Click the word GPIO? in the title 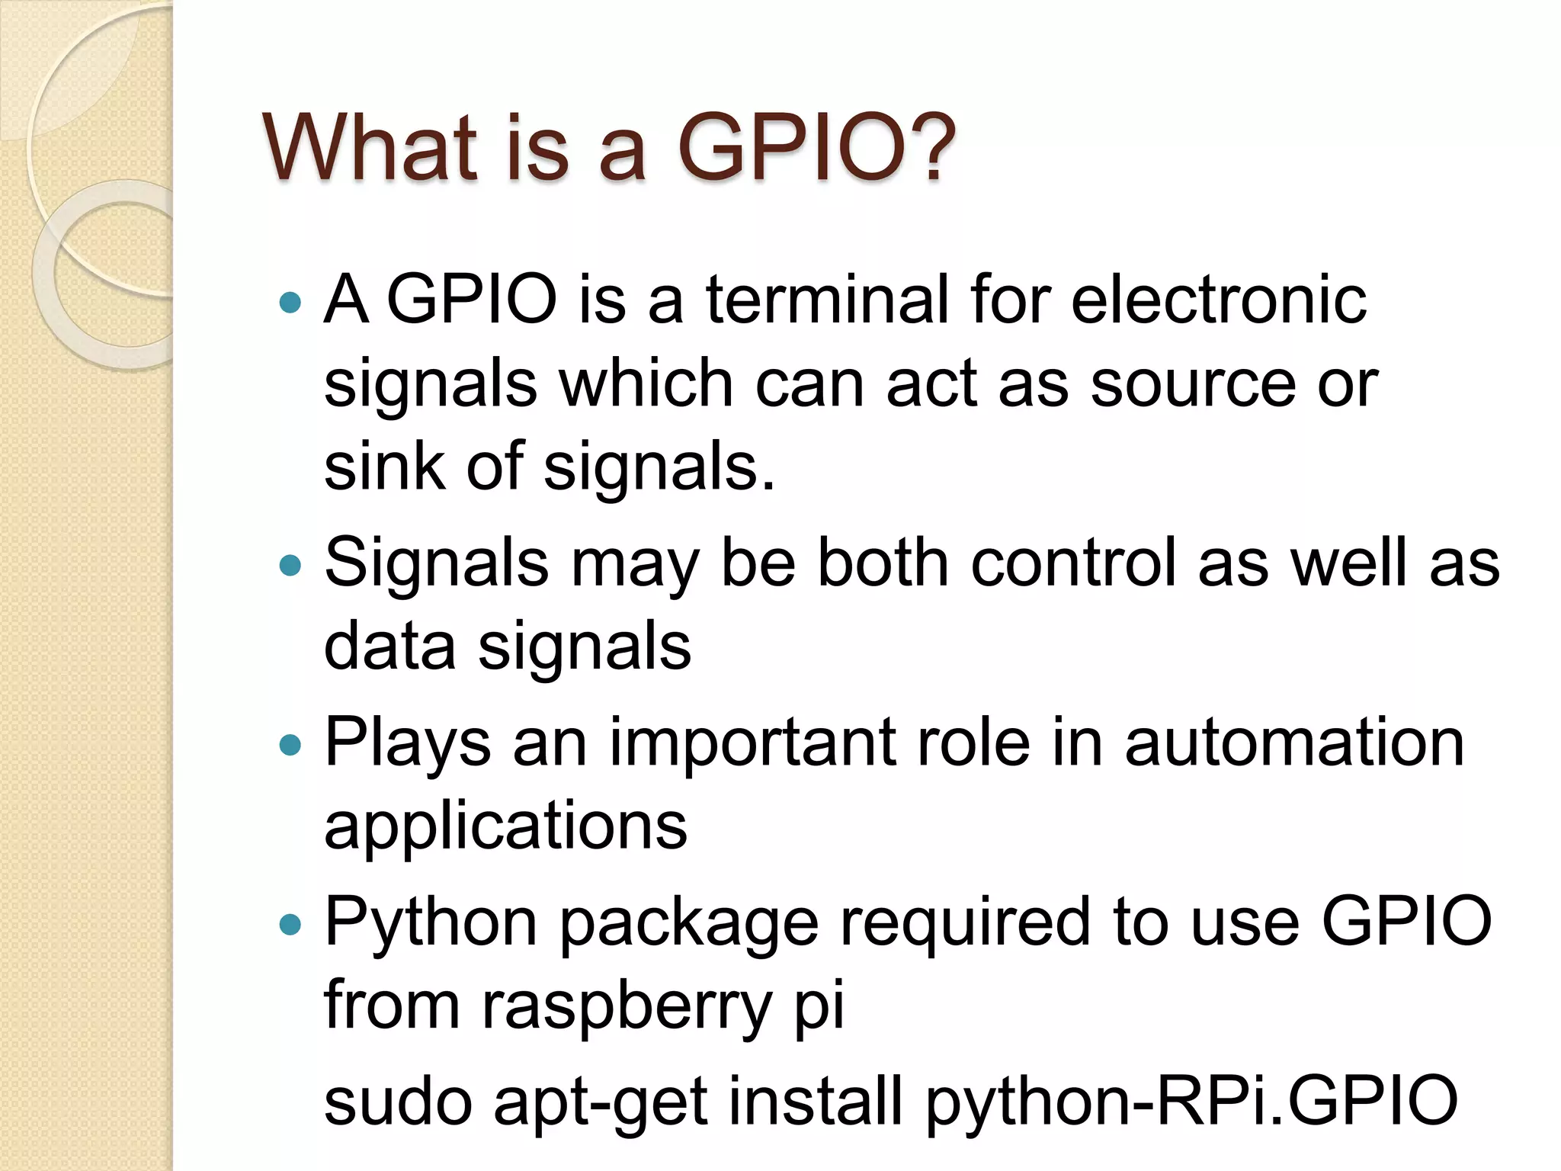point(816,146)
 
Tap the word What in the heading point(370,146)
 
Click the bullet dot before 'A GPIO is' point(290,303)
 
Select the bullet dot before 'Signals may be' point(290,566)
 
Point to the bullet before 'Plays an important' point(290,745)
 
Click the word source point(1193,383)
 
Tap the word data point(389,646)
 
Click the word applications point(505,826)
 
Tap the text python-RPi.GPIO point(1191,1102)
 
